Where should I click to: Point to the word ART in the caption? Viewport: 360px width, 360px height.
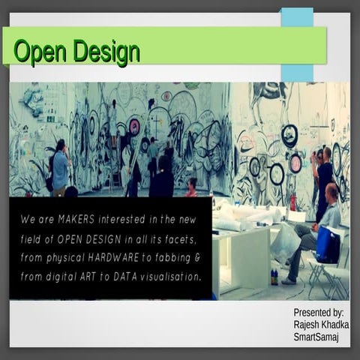(x=104, y=277)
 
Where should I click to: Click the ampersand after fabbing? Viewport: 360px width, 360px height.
(x=197, y=258)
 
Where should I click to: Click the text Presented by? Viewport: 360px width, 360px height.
(x=318, y=312)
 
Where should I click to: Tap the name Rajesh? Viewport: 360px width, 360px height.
(x=308, y=325)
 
